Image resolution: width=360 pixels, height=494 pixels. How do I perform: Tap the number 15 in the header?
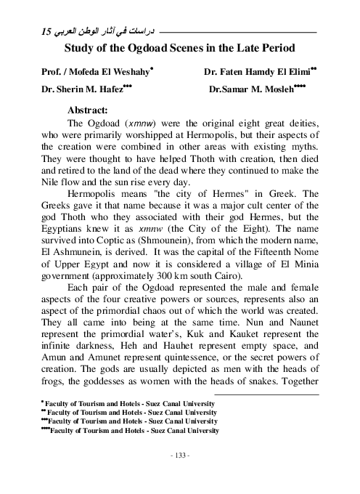[46, 33]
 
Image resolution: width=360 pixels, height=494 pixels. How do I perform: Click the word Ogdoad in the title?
[150, 49]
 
